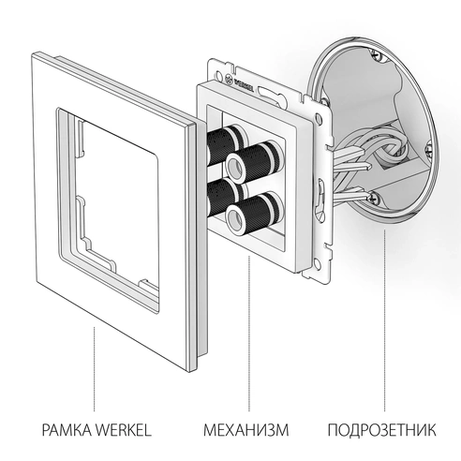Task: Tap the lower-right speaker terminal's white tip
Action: coord(269,204)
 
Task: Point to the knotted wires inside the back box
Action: coord(359,155)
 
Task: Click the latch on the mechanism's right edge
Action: coord(321,194)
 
